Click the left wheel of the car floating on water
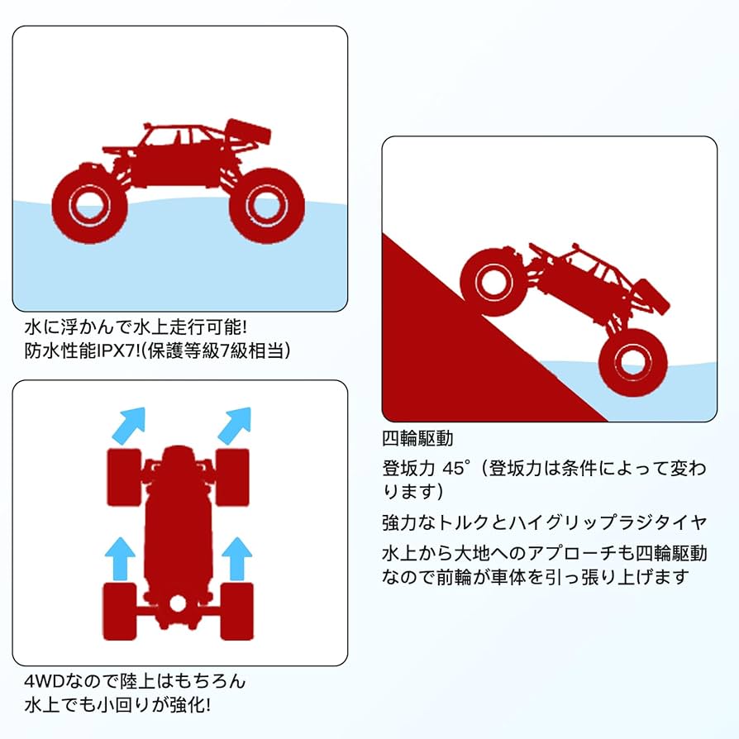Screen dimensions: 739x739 pyautogui.click(x=89, y=204)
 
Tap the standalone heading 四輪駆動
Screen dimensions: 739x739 pyautogui.click(x=417, y=438)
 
